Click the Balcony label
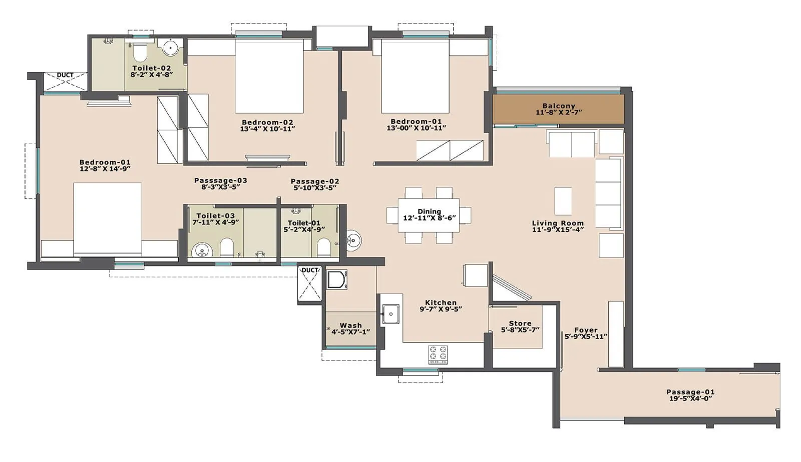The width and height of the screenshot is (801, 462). pyautogui.click(x=559, y=106)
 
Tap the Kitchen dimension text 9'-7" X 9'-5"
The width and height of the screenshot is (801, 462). pyautogui.click(x=441, y=309)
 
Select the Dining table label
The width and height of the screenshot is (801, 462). pyautogui.click(x=429, y=211)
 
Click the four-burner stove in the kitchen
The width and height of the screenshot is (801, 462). pyautogui.click(x=438, y=354)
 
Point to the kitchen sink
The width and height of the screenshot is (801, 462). pyautogui.click(x=389, y=314)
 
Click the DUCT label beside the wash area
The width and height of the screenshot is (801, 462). pyautogui.click(x=310, y=270)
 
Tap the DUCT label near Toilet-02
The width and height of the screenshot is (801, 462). pyautogui.click(x=65, y=75)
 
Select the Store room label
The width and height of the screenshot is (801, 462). pyautogui.click(x=520, y=323)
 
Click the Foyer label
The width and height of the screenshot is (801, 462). pyautogui.click(x=586, y=330)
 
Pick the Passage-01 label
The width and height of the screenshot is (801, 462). pyautogui.click(x=690, y=392)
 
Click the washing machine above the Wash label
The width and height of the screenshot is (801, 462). pyautogui.click(x=337, y=279)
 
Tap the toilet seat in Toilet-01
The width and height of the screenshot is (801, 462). pyautogui.click(x=324, y=246)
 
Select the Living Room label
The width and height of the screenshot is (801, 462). pyautogui.click(x=558, y=223)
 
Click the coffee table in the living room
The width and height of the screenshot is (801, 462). pyautogui.click(x=563, y=201)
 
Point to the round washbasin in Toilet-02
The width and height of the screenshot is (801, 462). pyautogui.click(x=171, y=48)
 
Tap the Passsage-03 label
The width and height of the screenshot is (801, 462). pyautogui.click(x=220, y=180)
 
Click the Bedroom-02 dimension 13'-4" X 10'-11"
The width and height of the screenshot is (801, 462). pyautogui.click(x=267, y=129)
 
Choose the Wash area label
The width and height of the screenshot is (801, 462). pyautogui.click(x=350, y=325)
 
